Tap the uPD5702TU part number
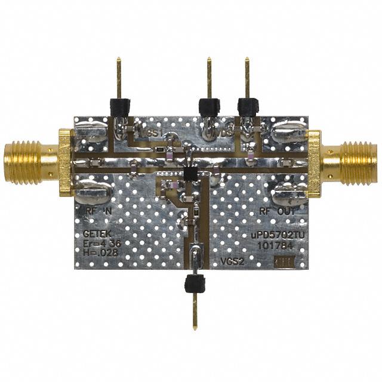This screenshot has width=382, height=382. [277, 235]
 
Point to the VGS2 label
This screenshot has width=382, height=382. [231, 261]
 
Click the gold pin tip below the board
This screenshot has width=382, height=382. [196, 326]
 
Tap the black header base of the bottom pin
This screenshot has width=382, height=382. [195, 283]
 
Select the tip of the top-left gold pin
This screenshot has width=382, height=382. [119, 60]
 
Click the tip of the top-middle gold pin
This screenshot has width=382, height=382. [209, 60]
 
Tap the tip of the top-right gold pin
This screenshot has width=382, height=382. [247, 60]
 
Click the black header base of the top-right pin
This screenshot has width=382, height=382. [247, 106]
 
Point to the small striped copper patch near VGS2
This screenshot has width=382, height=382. [282, 261]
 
